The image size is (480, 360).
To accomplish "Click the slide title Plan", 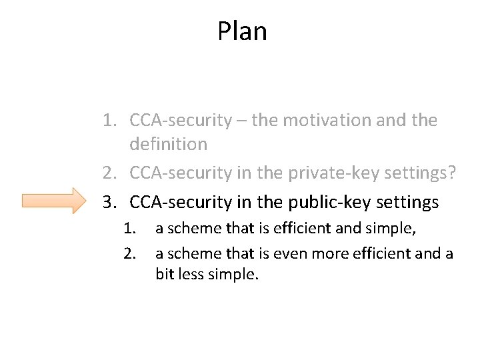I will click(242, 31).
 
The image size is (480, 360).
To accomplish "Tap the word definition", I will click(168, 144).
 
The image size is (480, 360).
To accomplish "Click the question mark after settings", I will click(453, 173).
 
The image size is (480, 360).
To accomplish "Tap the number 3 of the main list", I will click(108, 201).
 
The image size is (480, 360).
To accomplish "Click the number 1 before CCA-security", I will click(108, 121).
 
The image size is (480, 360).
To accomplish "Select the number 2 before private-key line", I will click(108, 173).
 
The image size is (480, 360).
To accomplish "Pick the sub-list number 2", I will click(128, 253).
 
